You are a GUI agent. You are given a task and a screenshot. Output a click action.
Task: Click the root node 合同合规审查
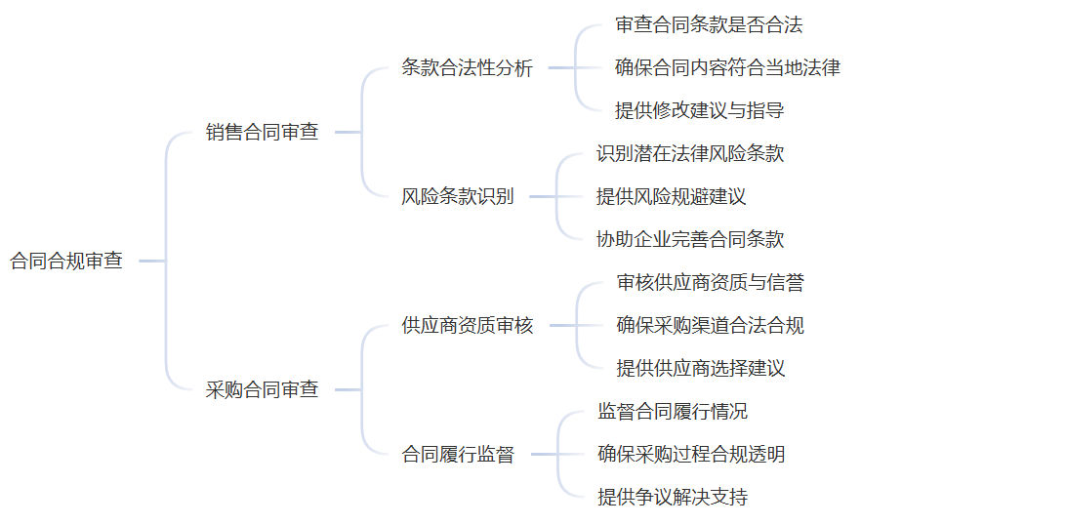(66, 262)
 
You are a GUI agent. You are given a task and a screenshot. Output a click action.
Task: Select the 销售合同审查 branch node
(262, 133)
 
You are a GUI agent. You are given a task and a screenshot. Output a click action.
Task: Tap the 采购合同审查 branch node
(262, 390)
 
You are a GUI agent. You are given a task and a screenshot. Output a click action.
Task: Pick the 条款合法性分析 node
(467, 68)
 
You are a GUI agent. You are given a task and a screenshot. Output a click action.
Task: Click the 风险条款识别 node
(457, 197)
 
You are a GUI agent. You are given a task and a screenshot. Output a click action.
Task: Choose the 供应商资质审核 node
(467, 326)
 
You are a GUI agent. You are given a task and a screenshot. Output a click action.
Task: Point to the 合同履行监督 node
(458, 455)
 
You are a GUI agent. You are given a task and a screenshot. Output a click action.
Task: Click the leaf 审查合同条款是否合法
(709, 25)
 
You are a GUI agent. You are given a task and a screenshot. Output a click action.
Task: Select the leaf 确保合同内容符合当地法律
(727, 68)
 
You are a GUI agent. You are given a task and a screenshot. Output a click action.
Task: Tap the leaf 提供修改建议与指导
(699, 111)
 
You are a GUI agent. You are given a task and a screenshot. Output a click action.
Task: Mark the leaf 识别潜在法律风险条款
(690, 154)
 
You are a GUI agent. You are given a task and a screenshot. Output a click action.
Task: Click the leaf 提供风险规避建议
(671, 197)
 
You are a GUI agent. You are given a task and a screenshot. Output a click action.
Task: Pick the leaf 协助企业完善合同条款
(690, 240)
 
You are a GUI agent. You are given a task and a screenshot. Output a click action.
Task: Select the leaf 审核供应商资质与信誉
(710, 283)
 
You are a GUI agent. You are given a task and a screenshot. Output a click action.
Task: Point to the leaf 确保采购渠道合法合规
(710, 326)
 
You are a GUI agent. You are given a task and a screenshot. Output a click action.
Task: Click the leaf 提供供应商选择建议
(700, 369)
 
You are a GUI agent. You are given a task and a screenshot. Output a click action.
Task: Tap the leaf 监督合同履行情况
(672, 412)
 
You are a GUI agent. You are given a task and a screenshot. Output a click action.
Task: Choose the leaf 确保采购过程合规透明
(691, 455)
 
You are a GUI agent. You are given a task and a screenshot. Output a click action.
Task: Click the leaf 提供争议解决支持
(672, 498)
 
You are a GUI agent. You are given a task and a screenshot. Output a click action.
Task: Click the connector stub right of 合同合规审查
(150, 262)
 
